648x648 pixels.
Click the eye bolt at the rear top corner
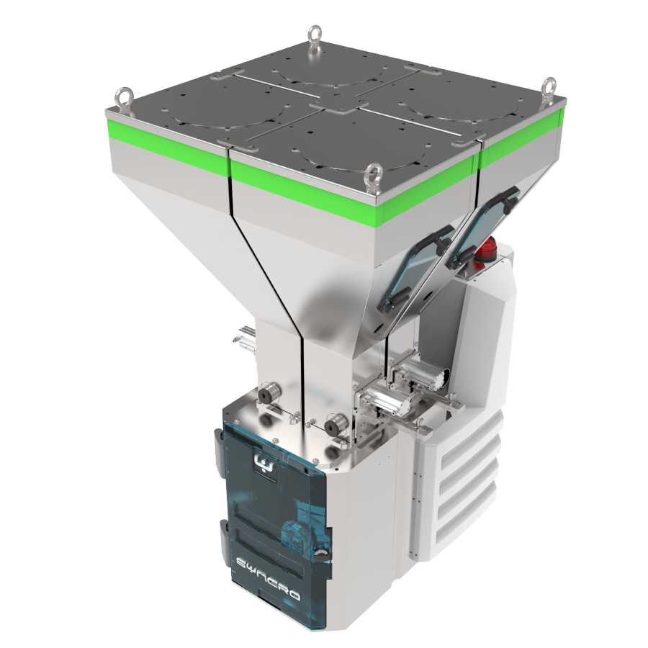tap(315, 38)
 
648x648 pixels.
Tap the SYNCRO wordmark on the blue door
tap(269, 577)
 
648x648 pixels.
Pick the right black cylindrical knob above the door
tap(336, 426)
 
